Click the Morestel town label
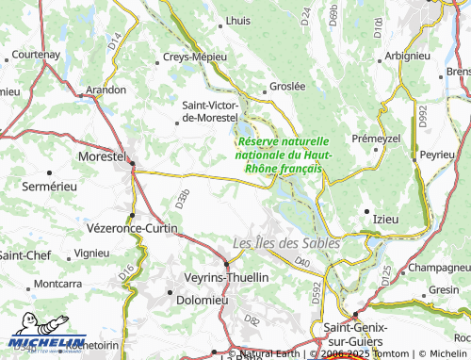101,155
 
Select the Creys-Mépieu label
196,56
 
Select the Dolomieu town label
202,301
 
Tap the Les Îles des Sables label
286,241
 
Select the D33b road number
182,198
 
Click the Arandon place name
106,90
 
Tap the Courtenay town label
37,56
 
